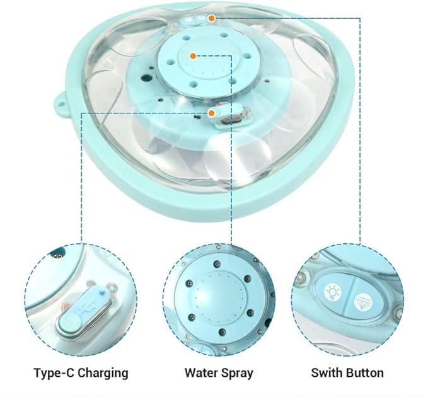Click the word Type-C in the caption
pyautogui.click(x=52, y=372)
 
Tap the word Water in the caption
pyautogui.click(x=200, y=372)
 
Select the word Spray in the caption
pyautogui.click(x=237, y=373)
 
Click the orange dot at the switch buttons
pyautogui.click(x=212, y=18)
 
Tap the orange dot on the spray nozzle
pyautogui.click(x=194, y=56)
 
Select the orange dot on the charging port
pyautogui.click(x=212, y=113)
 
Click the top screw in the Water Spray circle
pyautogui.click(x=217, y=264)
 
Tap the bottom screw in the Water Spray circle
pyautogui.click(x=222, y=332)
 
